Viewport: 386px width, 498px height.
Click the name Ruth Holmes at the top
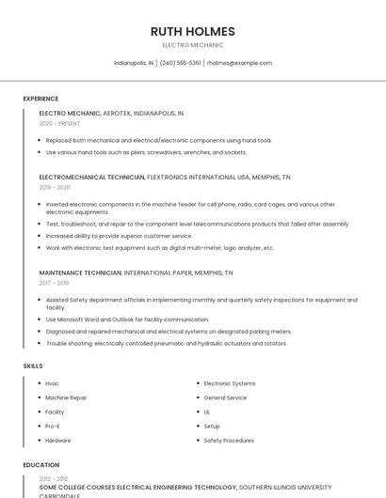[x=192, y=31]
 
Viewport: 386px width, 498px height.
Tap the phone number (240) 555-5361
[x=180, y=63]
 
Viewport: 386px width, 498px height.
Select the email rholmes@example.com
[x=239, y=63]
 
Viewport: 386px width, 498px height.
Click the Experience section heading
[x=40, y=99]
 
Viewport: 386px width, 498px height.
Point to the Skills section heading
[x=33, y=366]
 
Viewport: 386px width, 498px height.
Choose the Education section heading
[x=40, y=465]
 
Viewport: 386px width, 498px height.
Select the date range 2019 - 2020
[x=55, y=187]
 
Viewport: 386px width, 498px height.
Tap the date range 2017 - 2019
[x=54, y=283]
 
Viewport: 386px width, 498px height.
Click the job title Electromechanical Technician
[x=92, y=177]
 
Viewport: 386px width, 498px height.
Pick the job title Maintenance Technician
[x=81, y=272]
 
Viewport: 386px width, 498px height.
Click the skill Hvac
[x=52, y=383]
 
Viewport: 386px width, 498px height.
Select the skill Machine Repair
[x=66, y=397]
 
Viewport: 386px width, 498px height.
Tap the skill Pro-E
[x=54, y=426]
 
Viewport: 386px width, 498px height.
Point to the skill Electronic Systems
[x=230, y=383]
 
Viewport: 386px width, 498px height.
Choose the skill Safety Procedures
[x=229, y=440]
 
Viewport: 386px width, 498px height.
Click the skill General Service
[x=225, y=397]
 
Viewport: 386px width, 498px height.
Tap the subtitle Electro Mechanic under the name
[x=192, y=45]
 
